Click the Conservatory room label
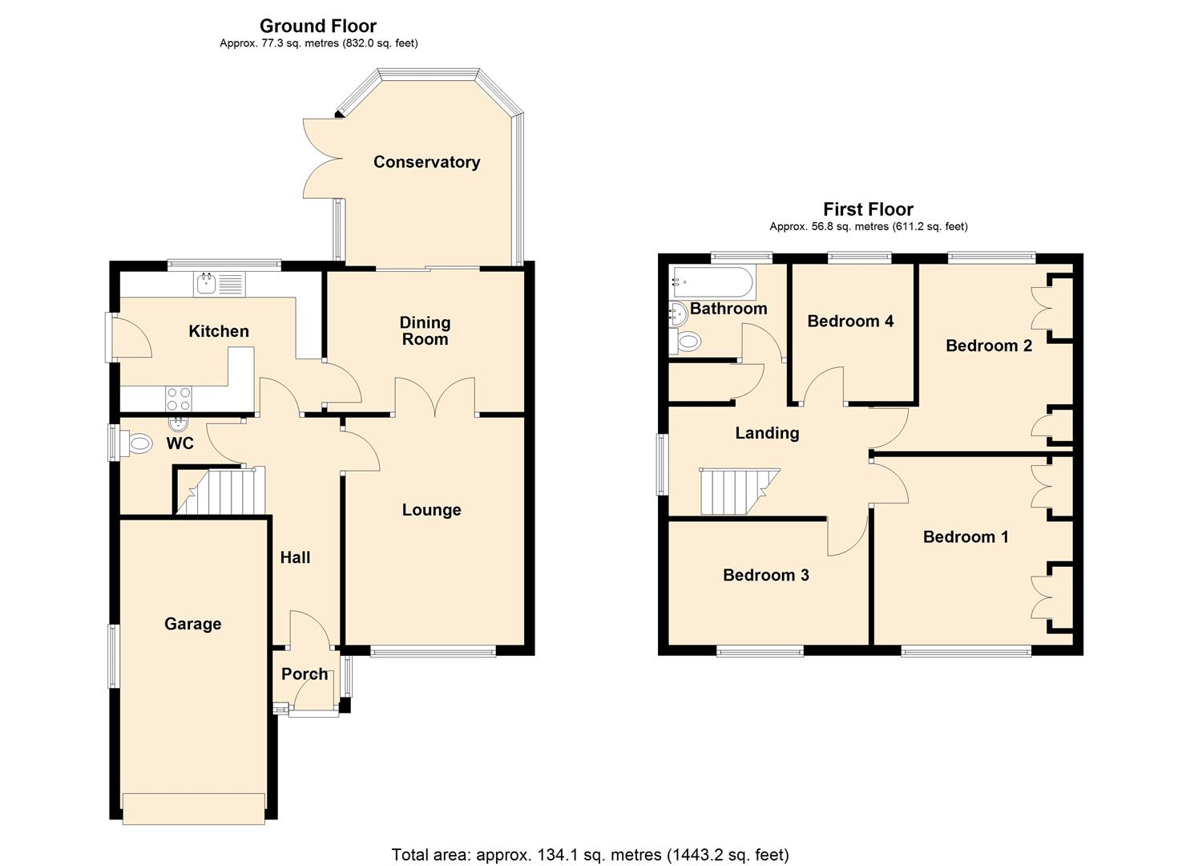426,162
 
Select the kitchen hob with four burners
179,398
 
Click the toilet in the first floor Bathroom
686,342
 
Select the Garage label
192,624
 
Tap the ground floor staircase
220,491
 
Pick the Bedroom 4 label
850,322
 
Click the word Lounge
431,510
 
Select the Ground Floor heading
318,26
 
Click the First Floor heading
868,209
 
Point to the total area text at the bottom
590,855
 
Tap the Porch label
305,674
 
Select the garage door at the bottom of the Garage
194,808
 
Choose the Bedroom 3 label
765,575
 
